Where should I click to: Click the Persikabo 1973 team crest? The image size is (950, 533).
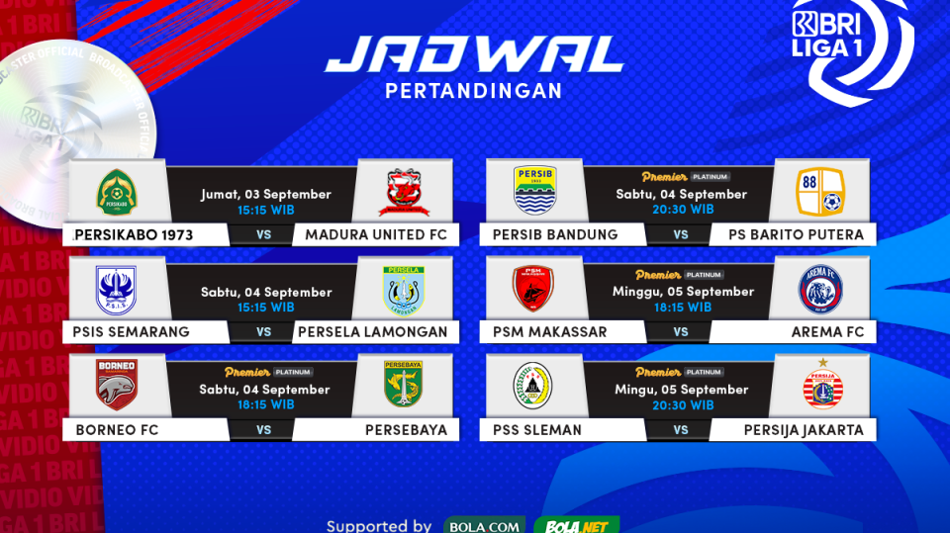116,192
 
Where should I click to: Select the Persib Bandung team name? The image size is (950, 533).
554,234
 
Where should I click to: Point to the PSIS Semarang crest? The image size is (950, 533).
116,289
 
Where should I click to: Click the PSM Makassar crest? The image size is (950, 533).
532,289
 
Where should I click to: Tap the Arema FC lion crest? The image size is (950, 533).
819,289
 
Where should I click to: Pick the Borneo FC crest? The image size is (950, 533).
116,386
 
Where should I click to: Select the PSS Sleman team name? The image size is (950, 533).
536,430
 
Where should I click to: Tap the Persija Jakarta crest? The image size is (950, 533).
821,387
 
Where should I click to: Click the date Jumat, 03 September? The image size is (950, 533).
265,194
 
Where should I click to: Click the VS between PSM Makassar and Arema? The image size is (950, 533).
681,332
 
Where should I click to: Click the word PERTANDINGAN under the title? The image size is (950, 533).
473,91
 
